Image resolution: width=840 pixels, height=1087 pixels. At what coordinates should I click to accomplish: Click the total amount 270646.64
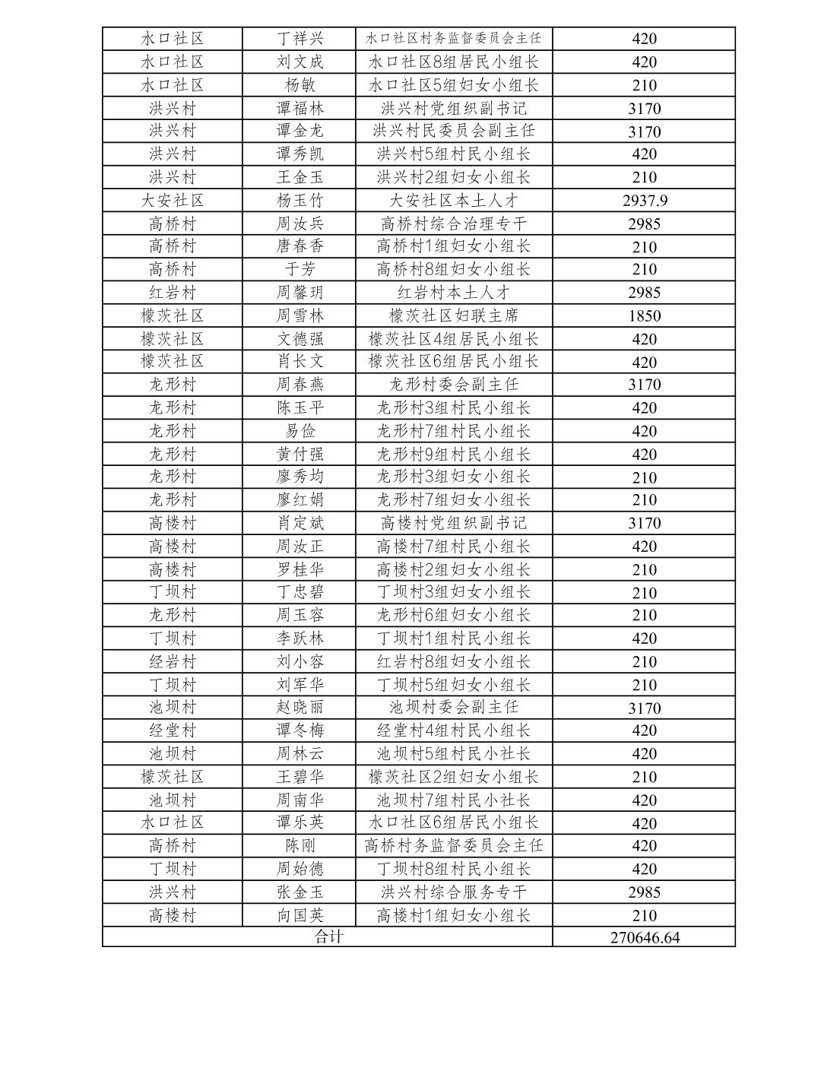pyautogui.click(x=644, y=937)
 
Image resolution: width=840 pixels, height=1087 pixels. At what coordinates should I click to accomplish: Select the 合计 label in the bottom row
pyautogui.click(x=328, y=937)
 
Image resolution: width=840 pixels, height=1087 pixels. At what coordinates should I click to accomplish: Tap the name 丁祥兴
pyautogui.click(x=300, y=39)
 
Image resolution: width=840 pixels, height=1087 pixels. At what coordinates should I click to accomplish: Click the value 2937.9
pyautogui.click(x=644, y=201)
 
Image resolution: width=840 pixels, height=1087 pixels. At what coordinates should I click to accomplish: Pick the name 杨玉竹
pyautogui.click(x=300, y=201)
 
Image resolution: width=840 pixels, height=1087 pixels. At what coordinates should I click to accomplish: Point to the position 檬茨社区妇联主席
pyautogui.click(x=454, y=315)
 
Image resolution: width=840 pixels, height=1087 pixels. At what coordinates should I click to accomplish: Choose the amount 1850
pyautogui.click(x=644, y=315)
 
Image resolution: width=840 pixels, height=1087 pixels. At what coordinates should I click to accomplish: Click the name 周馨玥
pyautogui.click(x=300, y=293)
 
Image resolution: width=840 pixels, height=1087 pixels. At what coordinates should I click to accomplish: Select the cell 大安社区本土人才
pyautogui.click(x=454, y=201)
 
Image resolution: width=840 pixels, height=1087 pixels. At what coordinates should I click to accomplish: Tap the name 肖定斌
pyautogui.click(x=300, y=523)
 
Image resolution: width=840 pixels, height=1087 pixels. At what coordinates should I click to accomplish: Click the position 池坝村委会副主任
pyautogui.click(x=454, y=707)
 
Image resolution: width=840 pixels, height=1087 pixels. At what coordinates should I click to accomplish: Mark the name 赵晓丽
pyautogui.click(x=300, y=707)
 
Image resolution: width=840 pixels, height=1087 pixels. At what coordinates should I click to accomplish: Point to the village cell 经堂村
pyautogui.click(x=173, y=730)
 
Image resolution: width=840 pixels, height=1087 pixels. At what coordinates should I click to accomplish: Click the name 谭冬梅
pyautogui.click(x=300, y=730)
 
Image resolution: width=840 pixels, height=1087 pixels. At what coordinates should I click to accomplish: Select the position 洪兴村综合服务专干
pyautogui.click(x=454, y=892)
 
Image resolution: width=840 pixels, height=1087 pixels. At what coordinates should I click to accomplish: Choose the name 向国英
pyautogui.click(x=300, y=915)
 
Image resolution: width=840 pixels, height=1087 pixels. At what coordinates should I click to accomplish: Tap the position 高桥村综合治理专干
pyautogui.click(x=454, y=223)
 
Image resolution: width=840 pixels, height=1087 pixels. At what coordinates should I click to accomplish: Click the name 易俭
pyautogui.click(x=300, y=431)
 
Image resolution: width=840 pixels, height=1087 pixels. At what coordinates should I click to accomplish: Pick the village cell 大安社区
pyautogui.click(x=173, y=201)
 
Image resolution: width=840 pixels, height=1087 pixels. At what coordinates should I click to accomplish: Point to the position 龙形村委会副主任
pyautogui.click(x=454, y=385)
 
